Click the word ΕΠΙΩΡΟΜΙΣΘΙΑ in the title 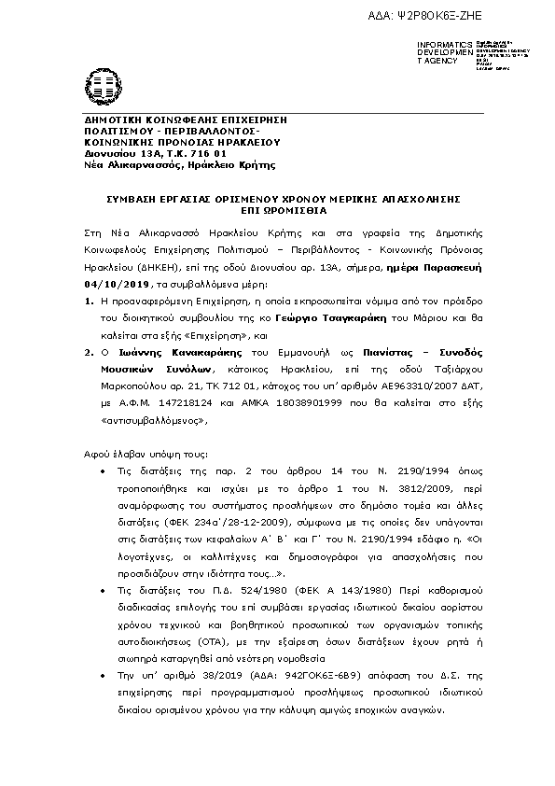click(x=277, y=211)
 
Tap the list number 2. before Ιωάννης click(x=89, y=355)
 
